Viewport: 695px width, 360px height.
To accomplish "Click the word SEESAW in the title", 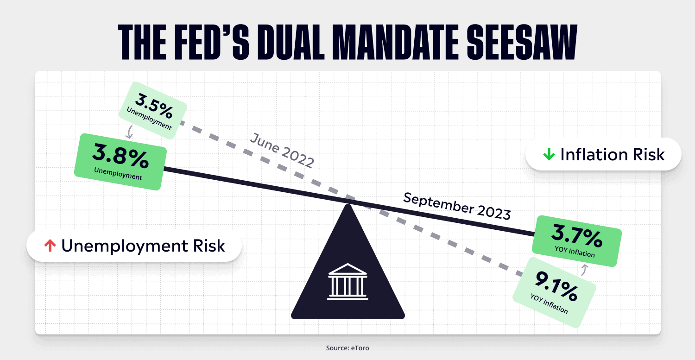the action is tap(522, 42).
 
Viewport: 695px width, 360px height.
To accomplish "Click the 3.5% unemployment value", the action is tap(154, 107).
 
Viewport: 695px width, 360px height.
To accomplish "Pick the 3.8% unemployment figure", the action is tap(120, 156).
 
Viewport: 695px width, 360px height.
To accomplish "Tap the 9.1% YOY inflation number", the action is tap(556, 286).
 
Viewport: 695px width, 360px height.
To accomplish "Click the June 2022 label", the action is tap(282, 150).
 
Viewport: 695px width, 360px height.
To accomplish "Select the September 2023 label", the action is tap(457, 206).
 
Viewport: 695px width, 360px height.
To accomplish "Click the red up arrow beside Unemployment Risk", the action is tap(50, 246).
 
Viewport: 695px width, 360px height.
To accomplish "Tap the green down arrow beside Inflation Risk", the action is tap(549, 154).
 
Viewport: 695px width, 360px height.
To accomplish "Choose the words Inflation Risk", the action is tap(613, 154).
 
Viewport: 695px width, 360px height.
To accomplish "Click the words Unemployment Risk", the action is tap(143, 246).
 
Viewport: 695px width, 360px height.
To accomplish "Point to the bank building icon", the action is tap(348, 282).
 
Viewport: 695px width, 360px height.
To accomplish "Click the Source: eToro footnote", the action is tap(347, 348).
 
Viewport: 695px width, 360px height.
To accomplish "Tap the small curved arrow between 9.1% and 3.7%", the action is tap(584, 270).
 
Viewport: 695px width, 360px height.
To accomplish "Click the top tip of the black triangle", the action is tap(348, 204).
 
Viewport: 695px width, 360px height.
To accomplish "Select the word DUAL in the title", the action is tap(291, 42).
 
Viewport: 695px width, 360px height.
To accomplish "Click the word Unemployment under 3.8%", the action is tap(118, 174).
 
